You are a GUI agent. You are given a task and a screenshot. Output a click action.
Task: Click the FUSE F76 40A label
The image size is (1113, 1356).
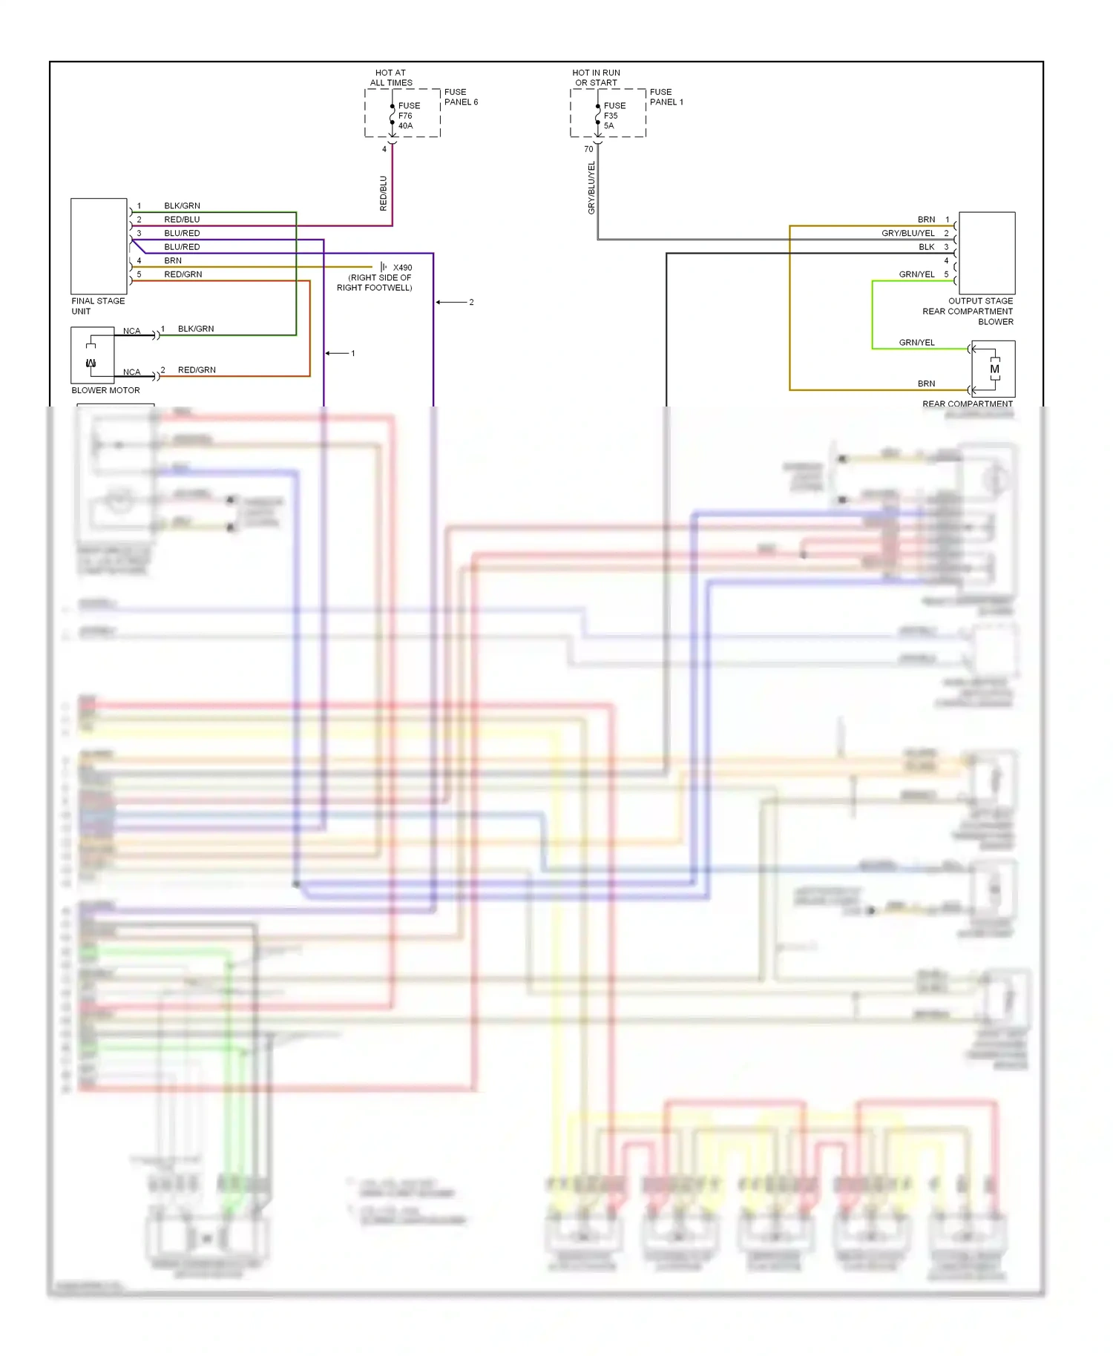pos(408,116)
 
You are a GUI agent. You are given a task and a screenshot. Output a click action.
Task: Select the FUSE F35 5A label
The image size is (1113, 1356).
pos(614,116)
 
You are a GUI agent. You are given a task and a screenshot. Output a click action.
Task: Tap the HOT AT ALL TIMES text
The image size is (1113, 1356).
pos(391,78)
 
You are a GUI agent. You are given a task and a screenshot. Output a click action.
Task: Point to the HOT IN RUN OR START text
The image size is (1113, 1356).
pos(596,78)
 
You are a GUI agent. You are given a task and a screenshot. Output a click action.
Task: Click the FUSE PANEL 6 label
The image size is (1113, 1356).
pos(461,97)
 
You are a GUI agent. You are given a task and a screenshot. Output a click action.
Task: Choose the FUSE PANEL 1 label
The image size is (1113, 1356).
pos(666,97)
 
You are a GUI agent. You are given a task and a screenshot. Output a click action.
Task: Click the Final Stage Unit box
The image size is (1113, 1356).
pos(99,246)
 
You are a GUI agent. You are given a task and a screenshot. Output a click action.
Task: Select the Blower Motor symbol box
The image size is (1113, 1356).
pos(93,355)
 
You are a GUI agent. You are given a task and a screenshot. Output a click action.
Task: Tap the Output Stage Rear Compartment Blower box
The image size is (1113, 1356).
pos(987,253)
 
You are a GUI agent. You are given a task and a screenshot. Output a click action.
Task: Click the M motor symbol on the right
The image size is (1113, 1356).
pos(994,369)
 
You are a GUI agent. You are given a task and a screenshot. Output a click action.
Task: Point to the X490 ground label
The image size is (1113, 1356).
pos(402,268)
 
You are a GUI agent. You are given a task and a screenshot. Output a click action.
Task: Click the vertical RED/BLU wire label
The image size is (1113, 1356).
pos(384,193)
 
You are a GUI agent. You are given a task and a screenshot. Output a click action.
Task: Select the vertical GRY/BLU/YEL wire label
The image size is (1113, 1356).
pos(591,188)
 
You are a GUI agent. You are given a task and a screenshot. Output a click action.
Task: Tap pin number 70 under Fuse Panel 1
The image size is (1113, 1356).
pos(588,149)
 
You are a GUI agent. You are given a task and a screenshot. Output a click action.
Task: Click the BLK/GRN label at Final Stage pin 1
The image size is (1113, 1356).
pos(182,205)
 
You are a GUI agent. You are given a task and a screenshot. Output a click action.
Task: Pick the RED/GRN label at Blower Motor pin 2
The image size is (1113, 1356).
pos(197,369)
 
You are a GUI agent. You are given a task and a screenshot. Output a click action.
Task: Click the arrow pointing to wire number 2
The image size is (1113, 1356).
pos(450,302)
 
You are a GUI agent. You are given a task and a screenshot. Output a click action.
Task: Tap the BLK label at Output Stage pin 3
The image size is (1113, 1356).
pos(927,247)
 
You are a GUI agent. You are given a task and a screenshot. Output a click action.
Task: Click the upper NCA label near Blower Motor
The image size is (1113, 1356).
pos(131,331)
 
